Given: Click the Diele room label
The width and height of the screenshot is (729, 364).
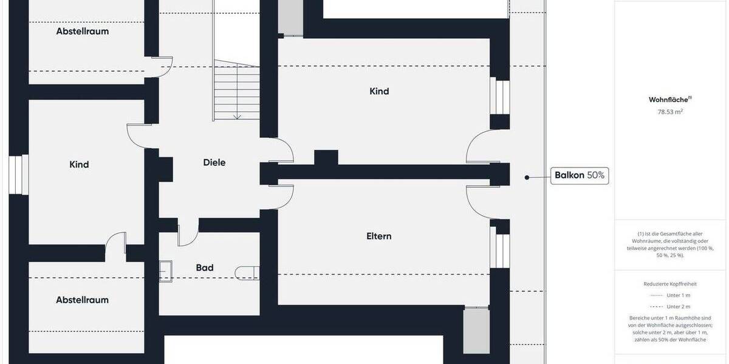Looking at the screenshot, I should pyautogui.click(x=214, y=162).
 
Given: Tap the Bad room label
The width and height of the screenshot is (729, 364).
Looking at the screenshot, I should pyautogui.click(x=205, y=268).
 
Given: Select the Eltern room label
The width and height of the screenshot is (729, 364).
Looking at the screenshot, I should pyautogui.click(x=378, y=236).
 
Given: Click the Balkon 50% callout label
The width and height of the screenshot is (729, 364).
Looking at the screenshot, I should pyautogui.click(x=580, y=176).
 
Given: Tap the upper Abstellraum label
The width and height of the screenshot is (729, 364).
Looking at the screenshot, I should pyautogui.click(x=82, y=31).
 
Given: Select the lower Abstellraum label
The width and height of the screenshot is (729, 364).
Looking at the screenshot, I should pyautogui.click(x=82, y=300).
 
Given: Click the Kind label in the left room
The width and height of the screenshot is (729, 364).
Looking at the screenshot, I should pyautogui.click(x=79, y=164).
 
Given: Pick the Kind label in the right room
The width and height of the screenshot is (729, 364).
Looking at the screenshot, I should pyautogui.click(x=379, y=91).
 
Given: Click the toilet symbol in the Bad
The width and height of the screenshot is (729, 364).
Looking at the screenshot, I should pyautogui.click(x=249, y=272).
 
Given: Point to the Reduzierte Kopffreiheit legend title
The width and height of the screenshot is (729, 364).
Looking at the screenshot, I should pyautogui.click(x=670, y=283).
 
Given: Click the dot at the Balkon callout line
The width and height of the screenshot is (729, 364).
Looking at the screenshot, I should pyautogui.click(x=527, y=177).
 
